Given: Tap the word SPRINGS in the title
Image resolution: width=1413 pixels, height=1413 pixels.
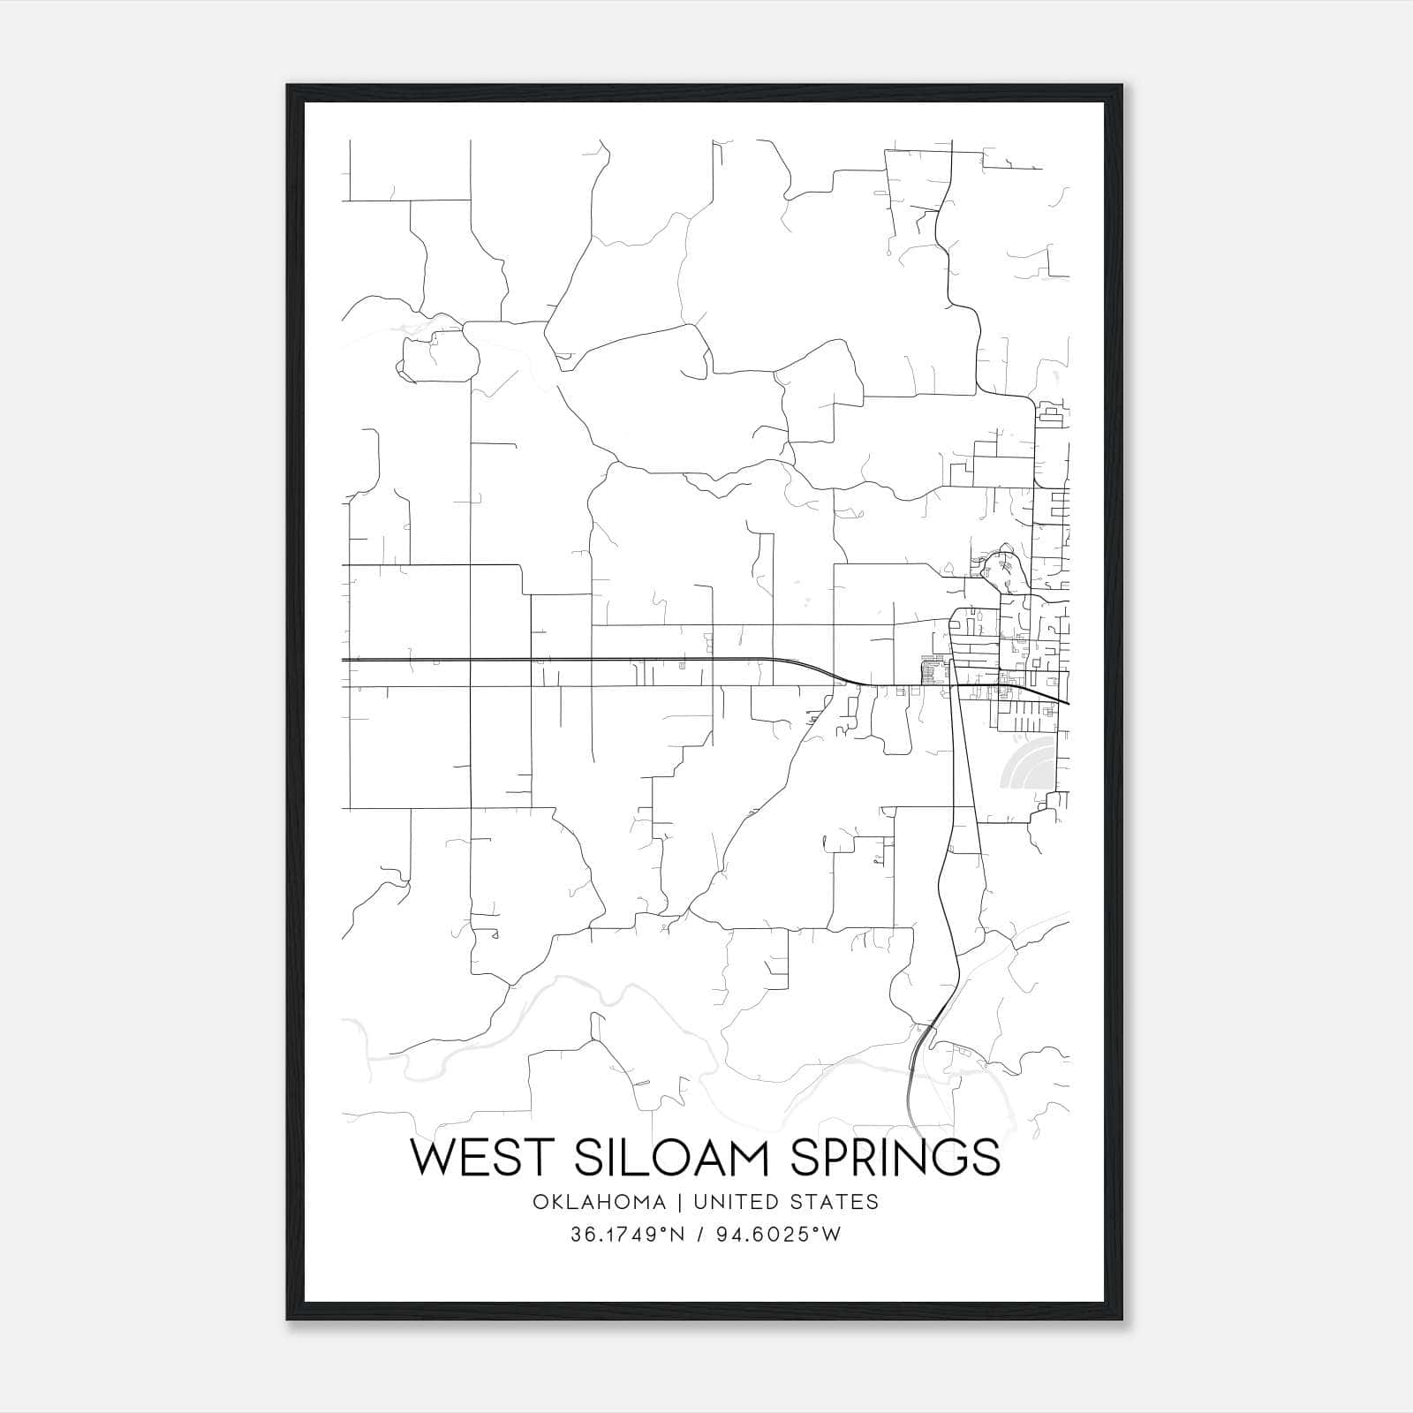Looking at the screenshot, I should [894, 1158].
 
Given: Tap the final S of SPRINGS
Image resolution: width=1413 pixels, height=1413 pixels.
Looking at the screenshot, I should [986, 1158].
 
